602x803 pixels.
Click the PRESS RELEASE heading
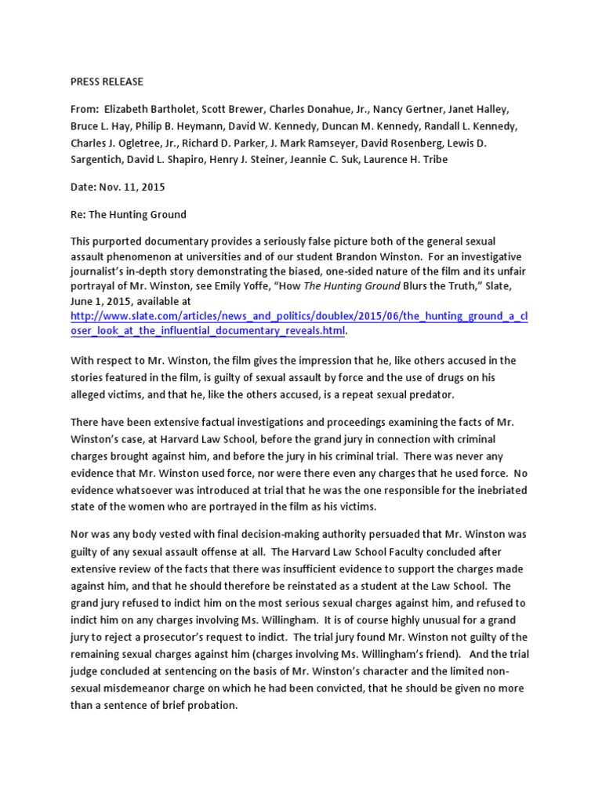[107, 82]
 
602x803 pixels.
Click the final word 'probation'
[212, 705]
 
